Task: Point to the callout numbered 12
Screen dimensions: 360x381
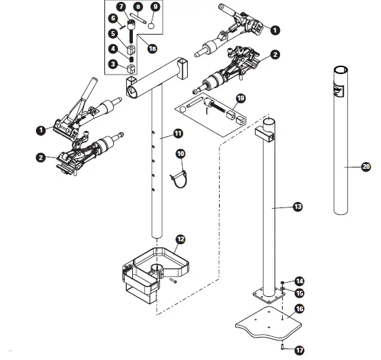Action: [x=180, y=239]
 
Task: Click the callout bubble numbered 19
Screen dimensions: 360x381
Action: [x=239, y=98]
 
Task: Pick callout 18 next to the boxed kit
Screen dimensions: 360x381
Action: [x=151, y=48]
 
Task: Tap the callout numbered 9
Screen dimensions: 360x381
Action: [x=155, y=7]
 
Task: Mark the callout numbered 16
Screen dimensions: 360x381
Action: [x=299, y=308]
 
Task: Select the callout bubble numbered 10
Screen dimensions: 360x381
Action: [x=180, y=154]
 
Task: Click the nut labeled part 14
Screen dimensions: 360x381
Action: [x=283, y=281]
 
